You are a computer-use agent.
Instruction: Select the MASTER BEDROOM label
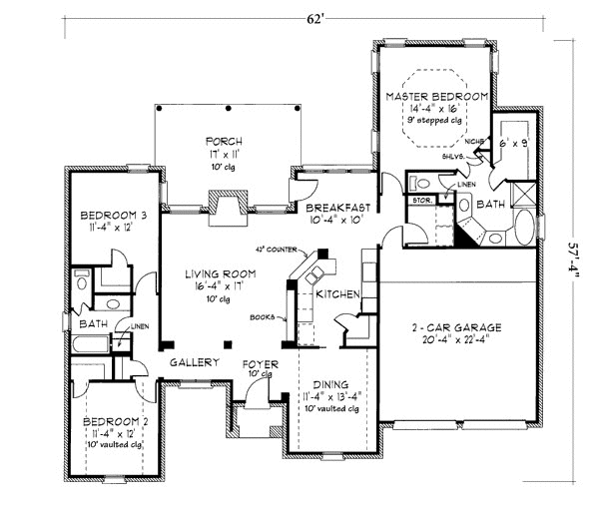point(436,96)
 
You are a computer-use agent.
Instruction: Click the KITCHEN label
point(336,295)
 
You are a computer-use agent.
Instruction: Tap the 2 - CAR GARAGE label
point(456,327)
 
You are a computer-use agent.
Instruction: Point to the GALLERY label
point(193,362)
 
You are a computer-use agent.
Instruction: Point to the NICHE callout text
point(476,142)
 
